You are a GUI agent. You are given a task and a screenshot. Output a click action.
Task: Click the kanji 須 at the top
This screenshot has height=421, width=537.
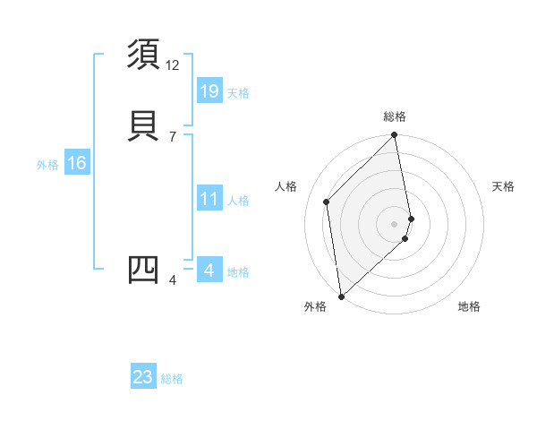144,56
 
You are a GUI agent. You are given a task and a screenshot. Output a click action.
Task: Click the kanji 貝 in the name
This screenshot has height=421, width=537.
144,125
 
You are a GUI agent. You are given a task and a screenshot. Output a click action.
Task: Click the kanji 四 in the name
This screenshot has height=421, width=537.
144,271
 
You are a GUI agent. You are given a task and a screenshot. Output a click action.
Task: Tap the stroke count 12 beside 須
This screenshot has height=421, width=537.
173,65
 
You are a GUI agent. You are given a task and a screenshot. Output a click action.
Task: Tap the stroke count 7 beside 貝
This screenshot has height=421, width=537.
173,136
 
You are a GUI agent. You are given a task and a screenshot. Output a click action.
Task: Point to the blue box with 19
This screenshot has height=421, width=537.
209,91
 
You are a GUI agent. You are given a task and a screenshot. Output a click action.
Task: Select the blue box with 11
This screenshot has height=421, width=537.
209,200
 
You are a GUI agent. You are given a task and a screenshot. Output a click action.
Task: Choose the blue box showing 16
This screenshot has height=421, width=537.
76,163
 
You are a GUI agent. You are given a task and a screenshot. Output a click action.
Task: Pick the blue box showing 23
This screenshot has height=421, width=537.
143,377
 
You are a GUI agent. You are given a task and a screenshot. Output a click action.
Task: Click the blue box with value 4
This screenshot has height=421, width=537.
209,271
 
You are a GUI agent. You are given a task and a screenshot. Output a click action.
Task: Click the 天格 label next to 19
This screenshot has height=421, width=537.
238,93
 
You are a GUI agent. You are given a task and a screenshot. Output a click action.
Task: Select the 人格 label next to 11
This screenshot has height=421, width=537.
238,201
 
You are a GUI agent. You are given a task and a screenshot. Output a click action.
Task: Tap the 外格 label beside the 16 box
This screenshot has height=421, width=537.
47,165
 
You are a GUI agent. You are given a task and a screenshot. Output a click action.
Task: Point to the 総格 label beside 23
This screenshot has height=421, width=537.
172,379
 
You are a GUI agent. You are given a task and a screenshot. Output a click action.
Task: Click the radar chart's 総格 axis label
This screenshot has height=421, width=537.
395,116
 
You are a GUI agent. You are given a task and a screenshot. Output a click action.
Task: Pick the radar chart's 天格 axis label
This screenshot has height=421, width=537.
504,186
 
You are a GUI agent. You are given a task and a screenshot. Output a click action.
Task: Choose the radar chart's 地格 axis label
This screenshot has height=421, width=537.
469,307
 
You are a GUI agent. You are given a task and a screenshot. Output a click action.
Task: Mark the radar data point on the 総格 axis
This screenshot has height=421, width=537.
395,136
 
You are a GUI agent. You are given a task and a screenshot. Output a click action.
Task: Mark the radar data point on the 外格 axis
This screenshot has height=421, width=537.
341,296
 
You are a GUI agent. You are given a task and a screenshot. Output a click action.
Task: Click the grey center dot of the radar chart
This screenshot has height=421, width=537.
395,223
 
